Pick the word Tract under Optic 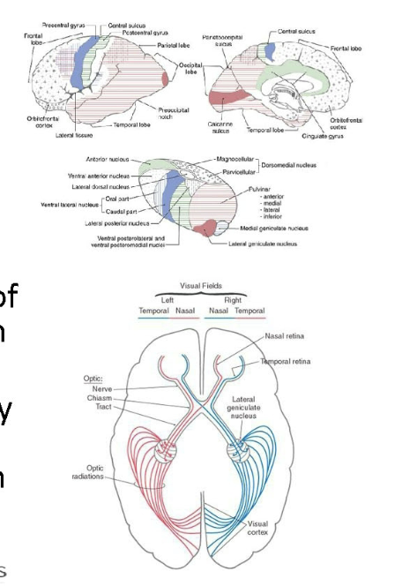tap(103, 409)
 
